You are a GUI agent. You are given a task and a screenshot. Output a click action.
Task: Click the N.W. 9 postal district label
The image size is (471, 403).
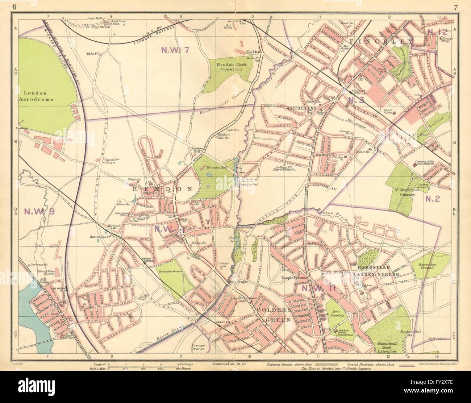click(x=34, y=212)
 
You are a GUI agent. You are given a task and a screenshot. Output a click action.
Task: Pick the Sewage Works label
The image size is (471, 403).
click(x=198, y=347)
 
